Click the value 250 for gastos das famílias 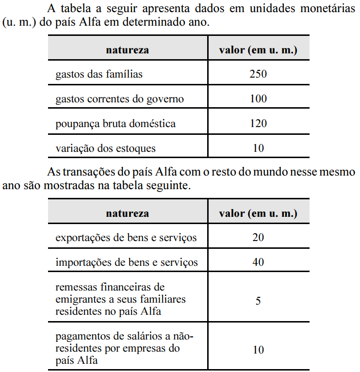click(258, 74)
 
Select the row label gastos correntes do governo click(120, 99)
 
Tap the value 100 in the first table click(258, 99)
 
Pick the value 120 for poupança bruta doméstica click(258, 124)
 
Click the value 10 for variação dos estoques click(258, 148)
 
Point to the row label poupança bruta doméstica click(115, 124)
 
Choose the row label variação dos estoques click(106, 148)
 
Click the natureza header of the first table click(128, 50)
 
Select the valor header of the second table click(258, 213)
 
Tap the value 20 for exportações click(258, 238)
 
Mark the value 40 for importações click(258, 262)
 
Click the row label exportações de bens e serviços click(126, 238)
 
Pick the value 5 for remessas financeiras click(258, 300)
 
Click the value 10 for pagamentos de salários click(258, 349)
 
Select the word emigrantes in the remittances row click(80, 300)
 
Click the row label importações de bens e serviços click(127, 262)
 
